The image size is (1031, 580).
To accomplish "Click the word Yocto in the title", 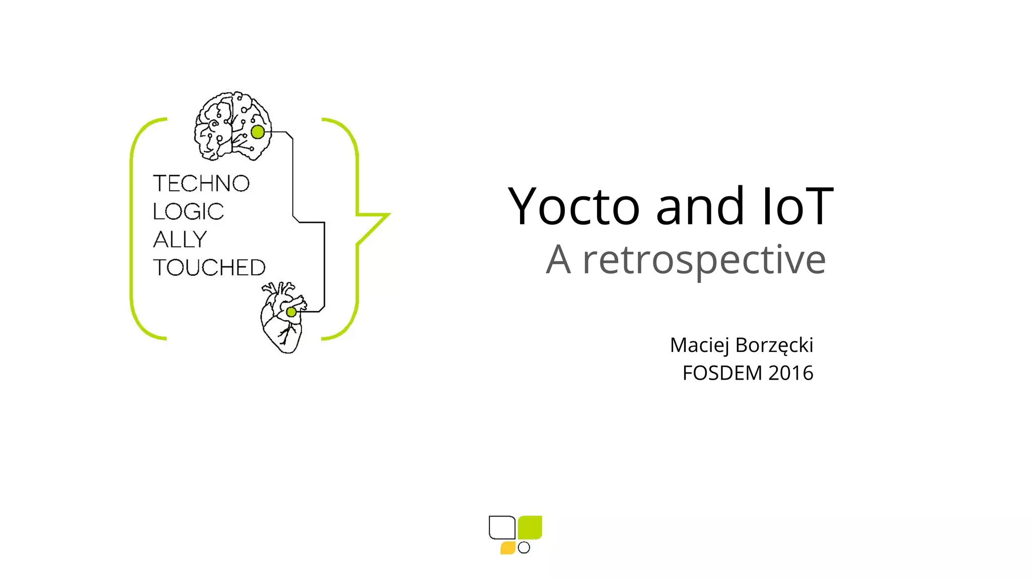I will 573,206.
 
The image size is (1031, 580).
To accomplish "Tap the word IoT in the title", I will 798,206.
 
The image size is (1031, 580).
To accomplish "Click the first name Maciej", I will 699,345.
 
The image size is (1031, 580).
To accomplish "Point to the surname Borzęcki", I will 774,345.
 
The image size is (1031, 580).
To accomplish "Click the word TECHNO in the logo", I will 201,184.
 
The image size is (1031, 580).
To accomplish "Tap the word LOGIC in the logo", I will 188,212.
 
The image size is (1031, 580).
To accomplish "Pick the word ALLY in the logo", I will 180,240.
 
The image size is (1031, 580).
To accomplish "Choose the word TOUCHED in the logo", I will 209,268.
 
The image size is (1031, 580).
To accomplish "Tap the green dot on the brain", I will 258,132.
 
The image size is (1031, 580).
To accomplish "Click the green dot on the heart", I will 291,312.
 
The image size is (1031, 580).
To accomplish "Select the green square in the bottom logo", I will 530,527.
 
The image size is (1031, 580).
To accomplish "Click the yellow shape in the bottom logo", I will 507,548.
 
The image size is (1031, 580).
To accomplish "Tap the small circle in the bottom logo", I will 524,547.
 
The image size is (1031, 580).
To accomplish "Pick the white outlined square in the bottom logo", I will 502,527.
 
